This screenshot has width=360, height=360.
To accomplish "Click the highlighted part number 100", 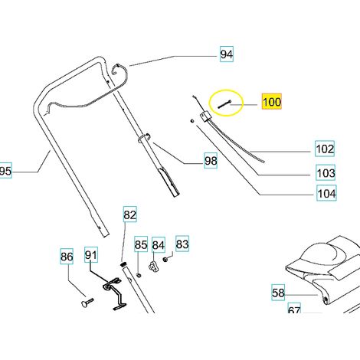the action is pyautogui.click(x=272, y=102).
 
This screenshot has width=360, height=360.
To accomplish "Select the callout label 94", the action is pyautogui.click(x=227, y=54).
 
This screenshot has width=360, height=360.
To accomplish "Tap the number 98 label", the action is pyautogui.click(x=211, y=161).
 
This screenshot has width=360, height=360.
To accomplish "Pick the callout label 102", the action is pyautogui.click(x=325, y=149).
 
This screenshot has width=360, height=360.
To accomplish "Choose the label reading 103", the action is pyautogui.click(x=326, y=172).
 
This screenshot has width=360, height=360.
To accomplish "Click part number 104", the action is pyautogui.click(x=326, y=193).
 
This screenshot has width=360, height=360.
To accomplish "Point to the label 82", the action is pyautogui.click(x=130, y=214).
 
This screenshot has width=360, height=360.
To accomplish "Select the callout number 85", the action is pyautogui.click(x=141, y=244).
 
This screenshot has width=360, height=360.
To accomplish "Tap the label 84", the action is pyautogui.click(x=159, y=245).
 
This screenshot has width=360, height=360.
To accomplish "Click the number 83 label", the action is pyautogui.click(x=182, y=244).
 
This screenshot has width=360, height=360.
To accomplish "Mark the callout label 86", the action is pyautogui.click(x=67, y=256).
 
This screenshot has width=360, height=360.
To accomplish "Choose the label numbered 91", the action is pyautogui.click(x=91, y=254).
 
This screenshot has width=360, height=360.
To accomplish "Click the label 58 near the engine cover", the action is pyautogui.click(x=278, y=293).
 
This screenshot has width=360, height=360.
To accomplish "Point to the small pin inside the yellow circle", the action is pyautogui.click(x=224, y=104).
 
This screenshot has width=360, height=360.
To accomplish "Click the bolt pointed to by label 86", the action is pyautogui.click(x=87, y=303).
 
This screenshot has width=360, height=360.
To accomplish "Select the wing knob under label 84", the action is pyautogui.click(x=153, y=267).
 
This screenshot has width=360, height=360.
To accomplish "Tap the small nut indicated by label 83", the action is pyautogui.click(x=165, y=260).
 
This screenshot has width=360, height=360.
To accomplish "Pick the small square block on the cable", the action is pyautogui.click(x=206, y=116).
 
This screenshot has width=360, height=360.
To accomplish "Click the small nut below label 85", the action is pyautogui.click(x=139, y=276).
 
